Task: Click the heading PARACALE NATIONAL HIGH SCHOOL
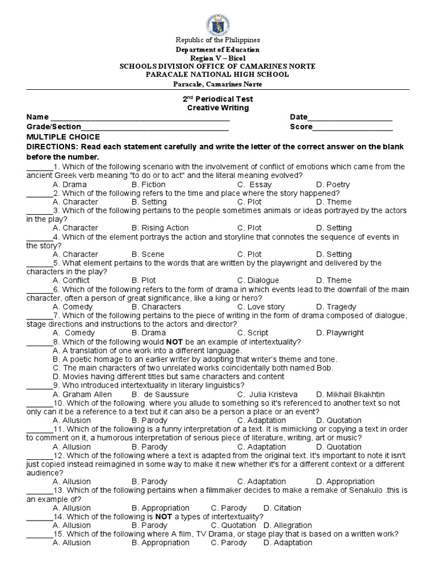pyautogui.click(x=217, y=74)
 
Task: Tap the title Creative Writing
pyautogui.click(x=218, y=108)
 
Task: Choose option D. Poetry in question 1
pyautogui.click(x=333, y=185)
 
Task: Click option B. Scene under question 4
pyautogui.click(x=145, y=254)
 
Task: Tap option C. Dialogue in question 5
pyautogui.click(x=258, y=280)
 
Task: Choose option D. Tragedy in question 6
pyautogui.click(x=336, y=306)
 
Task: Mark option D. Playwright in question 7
pyautogui.click(x=340, y=332)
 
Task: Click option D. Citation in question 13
pyautogui.click(x=282, y=508)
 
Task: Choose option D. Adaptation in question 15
pyautogui.click(x=288, y=542)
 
